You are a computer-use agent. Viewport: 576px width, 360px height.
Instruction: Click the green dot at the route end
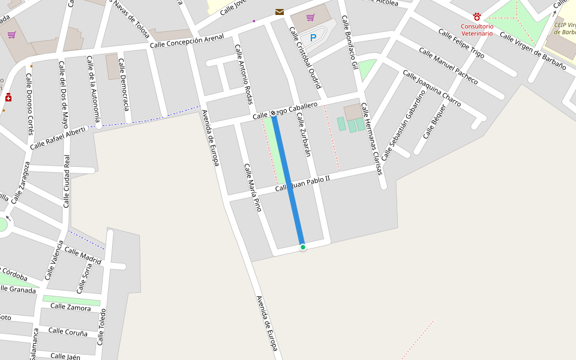point(303,247)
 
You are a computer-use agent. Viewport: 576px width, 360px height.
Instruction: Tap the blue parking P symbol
point(313,38)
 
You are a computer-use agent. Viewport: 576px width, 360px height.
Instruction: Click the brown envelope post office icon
point(280,12)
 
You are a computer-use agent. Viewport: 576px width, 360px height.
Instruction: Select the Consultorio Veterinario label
point(477,30)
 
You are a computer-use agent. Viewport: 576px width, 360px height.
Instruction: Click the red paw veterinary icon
point(477,17)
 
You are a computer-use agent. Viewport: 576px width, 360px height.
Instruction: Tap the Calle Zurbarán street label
point(304,135)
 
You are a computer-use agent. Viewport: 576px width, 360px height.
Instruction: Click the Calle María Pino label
point(253,187)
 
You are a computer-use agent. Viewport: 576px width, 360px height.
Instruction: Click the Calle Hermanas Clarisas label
point(371,139)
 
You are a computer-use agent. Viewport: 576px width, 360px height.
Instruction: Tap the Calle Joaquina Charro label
point(431,89)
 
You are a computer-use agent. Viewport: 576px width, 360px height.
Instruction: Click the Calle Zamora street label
point(71,307)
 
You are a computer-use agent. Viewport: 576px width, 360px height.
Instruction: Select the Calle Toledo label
point(102,327)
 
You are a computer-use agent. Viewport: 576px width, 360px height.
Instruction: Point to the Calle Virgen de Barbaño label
point(533,51)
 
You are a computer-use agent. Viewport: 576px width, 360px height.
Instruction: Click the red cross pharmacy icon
point(8,97)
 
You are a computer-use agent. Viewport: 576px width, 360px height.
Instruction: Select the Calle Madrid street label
point(83,255)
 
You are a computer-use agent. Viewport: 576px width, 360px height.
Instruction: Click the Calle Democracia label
point(124,85)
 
